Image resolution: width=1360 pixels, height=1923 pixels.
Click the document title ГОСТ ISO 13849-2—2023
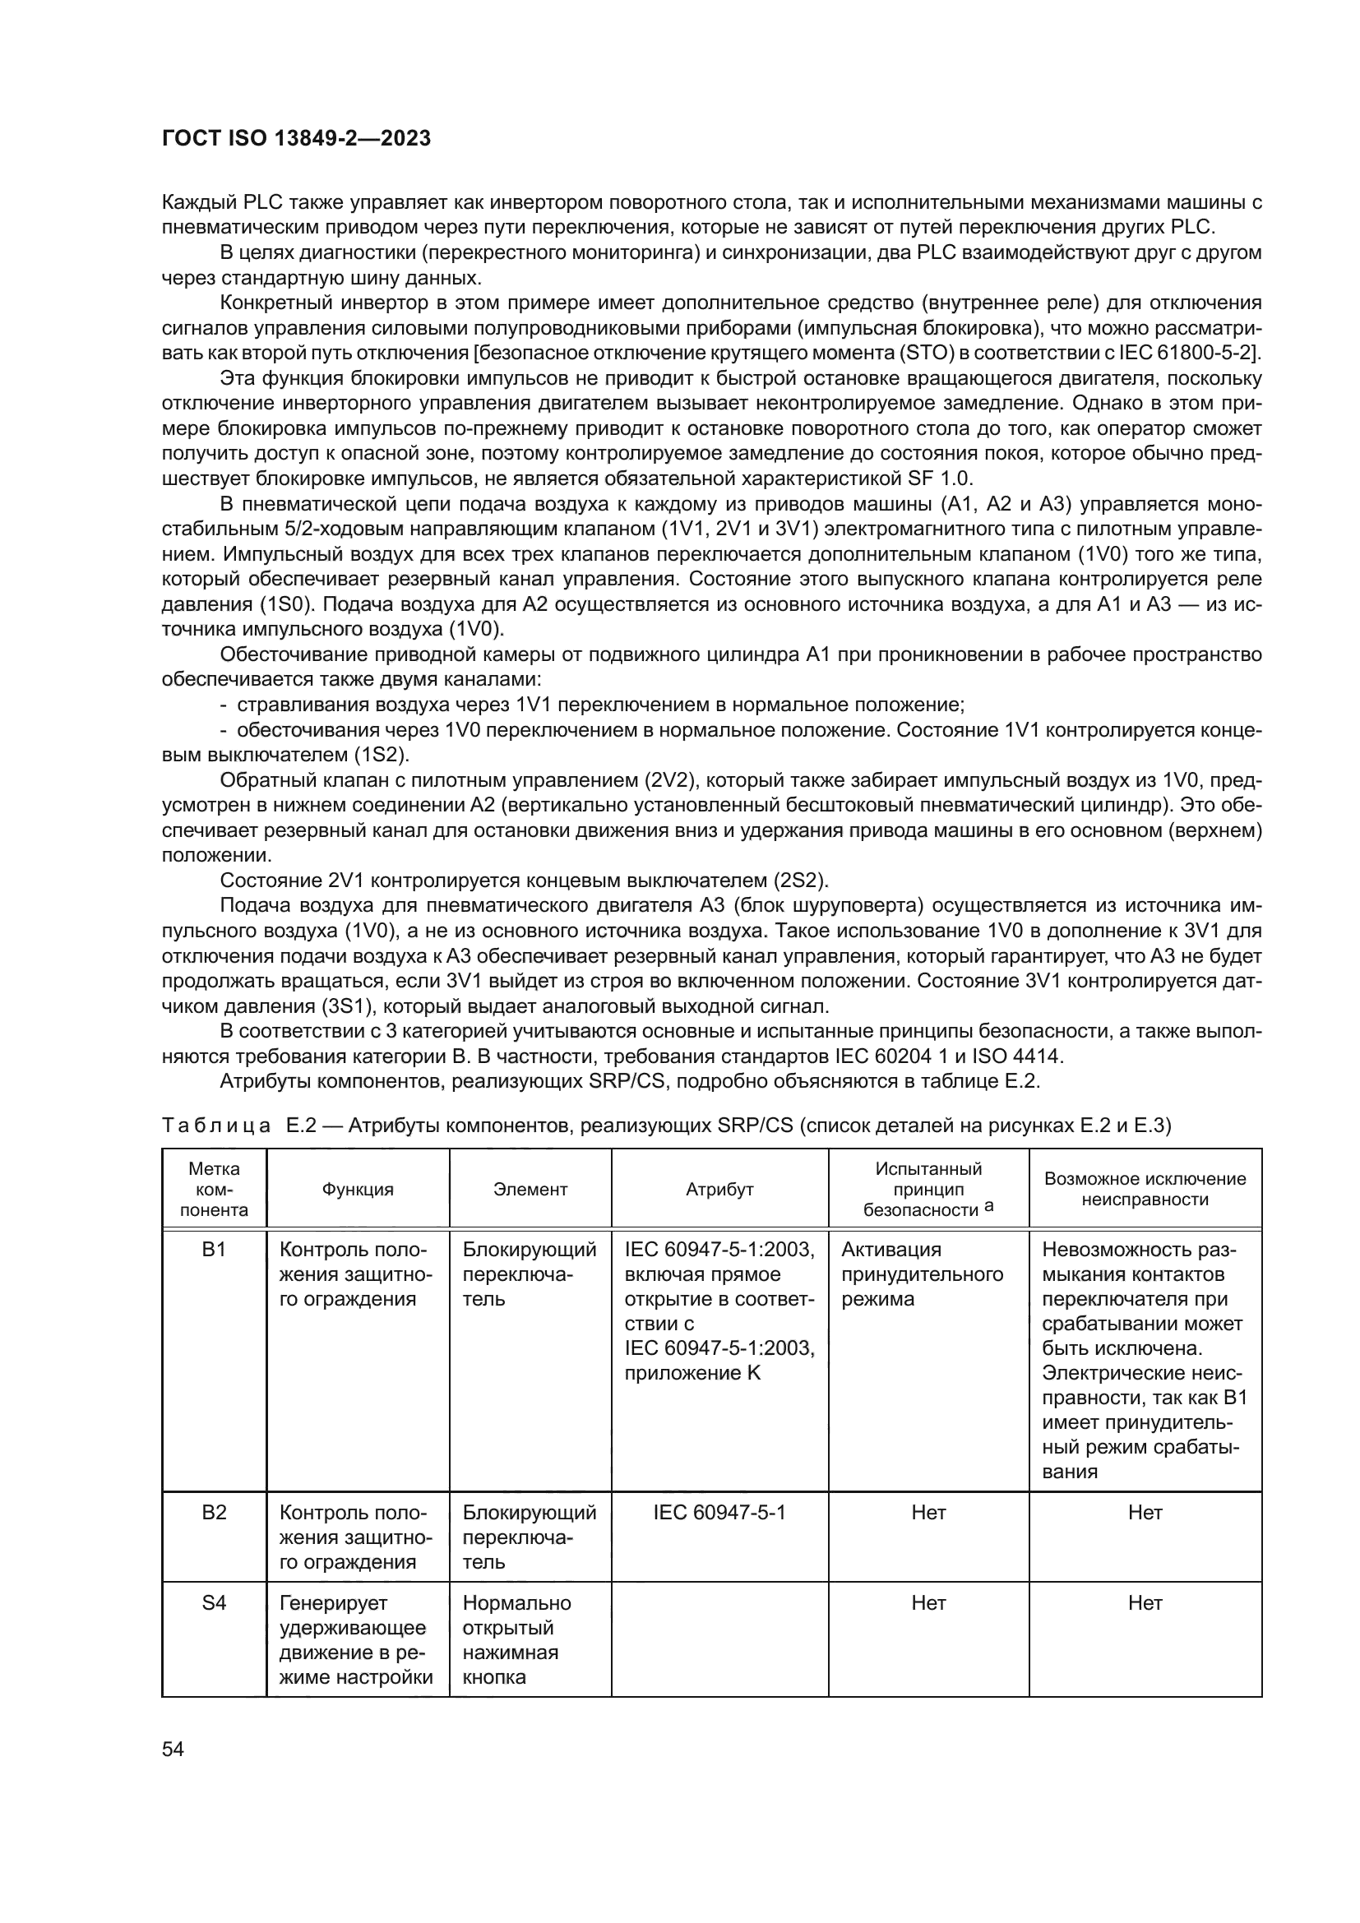coord(296,138)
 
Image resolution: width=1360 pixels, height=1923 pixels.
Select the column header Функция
coord(358,1190)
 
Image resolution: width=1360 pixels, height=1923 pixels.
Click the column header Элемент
coord(530,1190)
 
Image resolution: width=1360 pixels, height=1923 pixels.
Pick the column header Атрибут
coord(719,1190)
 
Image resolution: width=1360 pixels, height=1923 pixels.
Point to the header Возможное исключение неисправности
coord(1145,1190)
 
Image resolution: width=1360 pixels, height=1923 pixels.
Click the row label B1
coord(215,1250)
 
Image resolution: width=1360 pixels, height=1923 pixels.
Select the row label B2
coord(215,1513)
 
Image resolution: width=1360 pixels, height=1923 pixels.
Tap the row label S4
coord(215,1603)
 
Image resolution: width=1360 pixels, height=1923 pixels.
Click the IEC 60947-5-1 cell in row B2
coord(719,1513)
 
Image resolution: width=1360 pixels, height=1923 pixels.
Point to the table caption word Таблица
coord(216,1126)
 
